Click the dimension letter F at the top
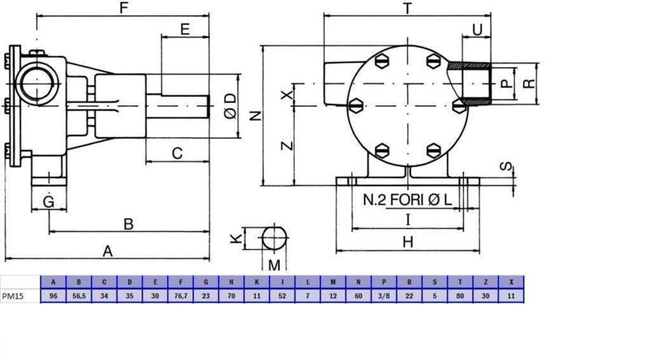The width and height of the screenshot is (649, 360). coord(123,7)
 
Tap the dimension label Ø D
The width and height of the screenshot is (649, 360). coord(230,106)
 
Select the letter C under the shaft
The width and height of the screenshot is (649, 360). coord(177,153)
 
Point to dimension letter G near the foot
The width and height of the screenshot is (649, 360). coord(49,202)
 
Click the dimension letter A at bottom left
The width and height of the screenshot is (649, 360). coord(108,251)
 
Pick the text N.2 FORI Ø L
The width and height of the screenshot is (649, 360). coord(407,199)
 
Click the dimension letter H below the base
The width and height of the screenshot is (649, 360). coord(408,242)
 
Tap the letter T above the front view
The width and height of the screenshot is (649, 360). coord(408,8)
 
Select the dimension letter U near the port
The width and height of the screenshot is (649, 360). coord(477,30)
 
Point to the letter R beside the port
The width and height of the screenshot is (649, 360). coord(529,84)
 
